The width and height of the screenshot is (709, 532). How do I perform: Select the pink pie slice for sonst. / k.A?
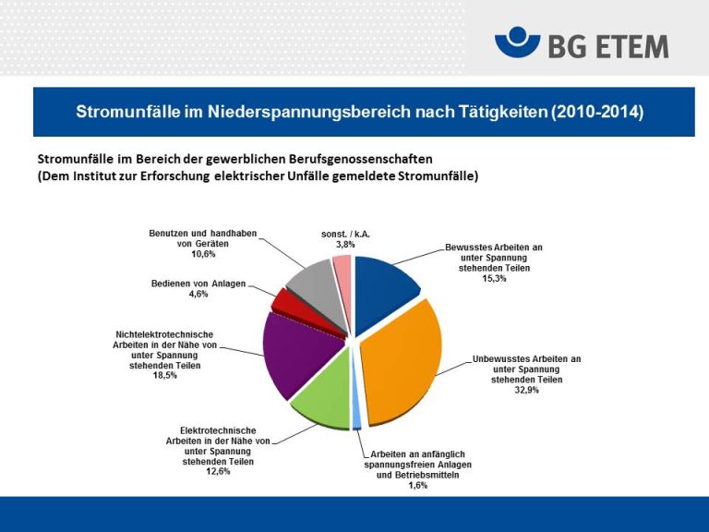pyautogui.click(x=342, y=268)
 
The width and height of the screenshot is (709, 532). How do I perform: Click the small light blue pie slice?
pyautogui.click(x=356, y=422)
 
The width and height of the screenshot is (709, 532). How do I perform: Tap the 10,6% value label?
pyautogui.click(x=203, y=253)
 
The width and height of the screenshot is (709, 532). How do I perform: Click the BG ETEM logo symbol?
pyautogui.click(x=517, y=42)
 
